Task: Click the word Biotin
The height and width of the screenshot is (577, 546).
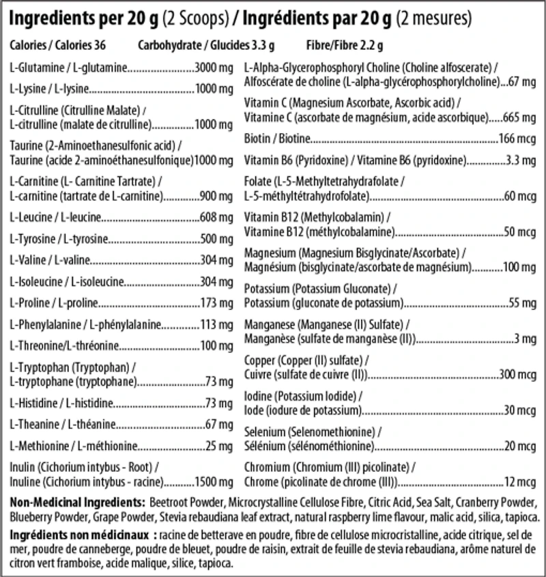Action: click(257, 139)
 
